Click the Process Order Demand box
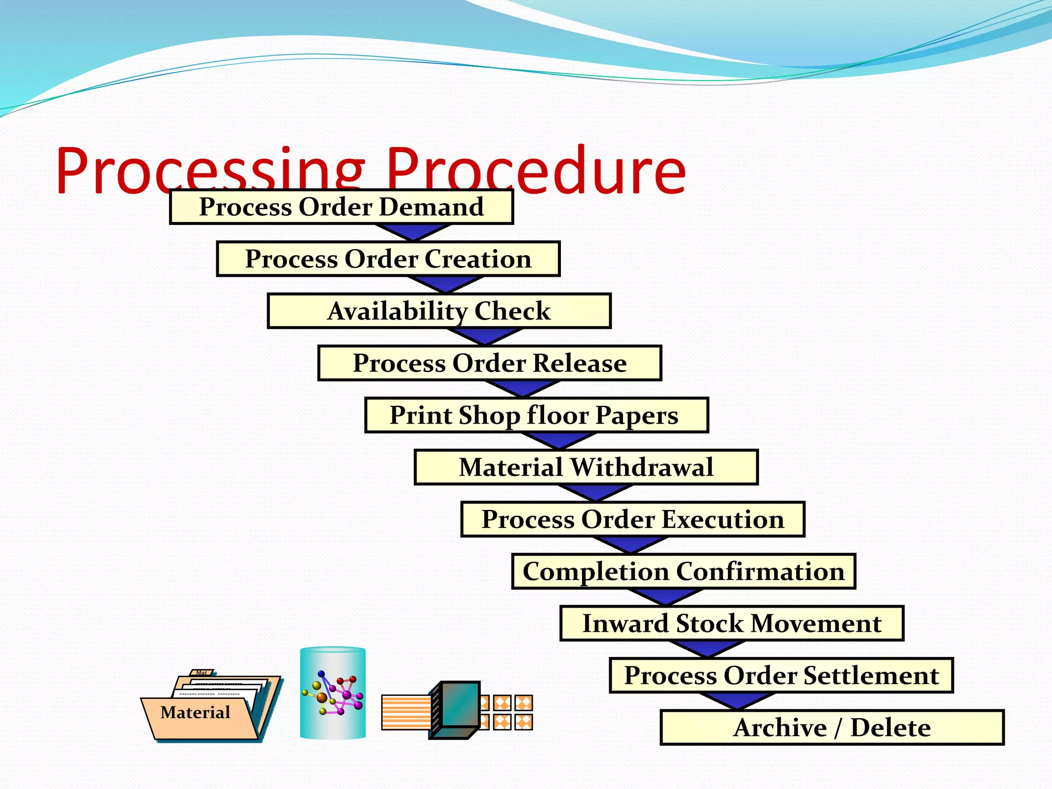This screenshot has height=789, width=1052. (x=341, y=206)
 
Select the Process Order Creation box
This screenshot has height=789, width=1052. (x=388, y=259)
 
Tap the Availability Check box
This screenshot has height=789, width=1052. (x=439, y=311)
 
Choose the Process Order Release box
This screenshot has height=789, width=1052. (x=490, y=363)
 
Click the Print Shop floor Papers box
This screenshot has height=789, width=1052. (x=536, y=415)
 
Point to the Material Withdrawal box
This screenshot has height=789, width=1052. (x=586, y=467)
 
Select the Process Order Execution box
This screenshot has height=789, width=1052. (x=633, y=519)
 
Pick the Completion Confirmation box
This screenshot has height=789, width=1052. (x=683, y=571)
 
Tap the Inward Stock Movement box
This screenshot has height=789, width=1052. (x=731, y=624)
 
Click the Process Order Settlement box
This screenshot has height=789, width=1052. (x=781, y=675)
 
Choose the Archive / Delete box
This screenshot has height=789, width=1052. (x=832, y=728)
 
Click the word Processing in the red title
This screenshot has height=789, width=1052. (x=211, y=170)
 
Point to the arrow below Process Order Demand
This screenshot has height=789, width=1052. (x=412, y=232)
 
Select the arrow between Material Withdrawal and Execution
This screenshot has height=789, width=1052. (x=595, y=493)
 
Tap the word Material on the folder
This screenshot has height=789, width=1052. (x=195, y=712)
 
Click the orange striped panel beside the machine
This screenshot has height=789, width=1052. (x=405, y=712)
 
